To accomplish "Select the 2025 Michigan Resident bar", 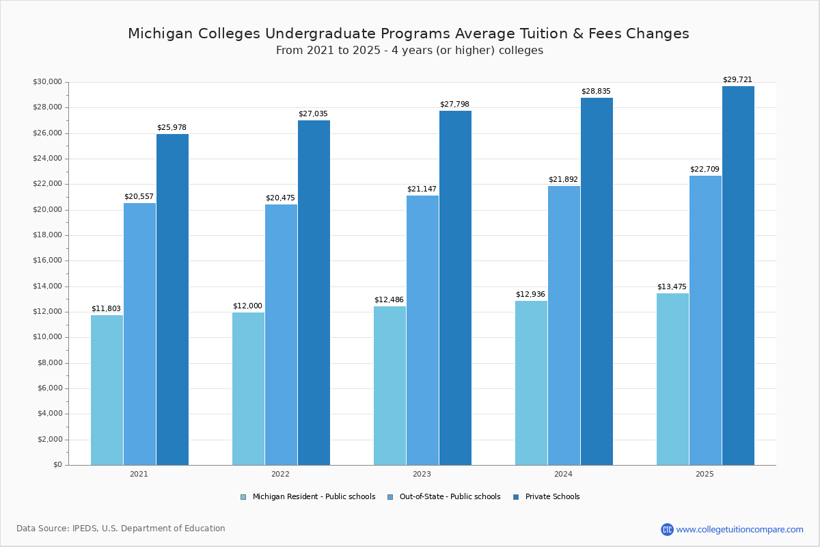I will click(x=672, y=379).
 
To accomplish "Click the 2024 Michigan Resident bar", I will click(x=531, y=383).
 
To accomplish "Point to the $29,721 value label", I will click(x=737, y=79).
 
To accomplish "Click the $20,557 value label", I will click(x=139, y=196).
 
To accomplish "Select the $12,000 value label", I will click(x=247, y=306).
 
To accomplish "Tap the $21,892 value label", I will click(x=563, y=179).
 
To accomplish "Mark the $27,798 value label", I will click(x=454, y=104).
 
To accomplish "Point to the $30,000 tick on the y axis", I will click(x=47, y=82).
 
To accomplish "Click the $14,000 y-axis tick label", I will click(x=47, y=286).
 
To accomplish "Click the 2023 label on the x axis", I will click(x=422, y=474).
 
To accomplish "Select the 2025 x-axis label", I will click(x=705, y=474).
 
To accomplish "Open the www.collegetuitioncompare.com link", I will click(x=739, y=529).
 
